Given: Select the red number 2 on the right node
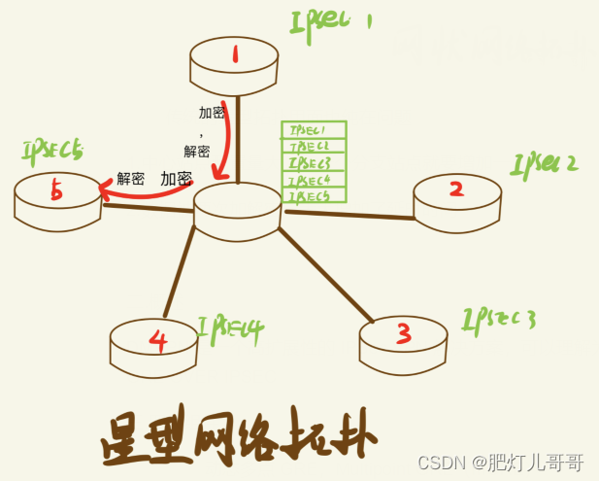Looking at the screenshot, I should pos(456,189).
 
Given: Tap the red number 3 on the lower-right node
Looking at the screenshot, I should pos(404,333).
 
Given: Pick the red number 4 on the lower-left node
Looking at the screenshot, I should pos(159,340).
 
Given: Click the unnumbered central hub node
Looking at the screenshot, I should pos(237,209).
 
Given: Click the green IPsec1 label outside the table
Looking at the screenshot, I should pos(331,21).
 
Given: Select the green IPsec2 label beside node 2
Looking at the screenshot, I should pos(544,162).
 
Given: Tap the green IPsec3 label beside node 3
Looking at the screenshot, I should pos(499,318).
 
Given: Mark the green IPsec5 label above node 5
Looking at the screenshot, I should pos(52,151).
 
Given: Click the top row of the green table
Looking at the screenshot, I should pos(313,130).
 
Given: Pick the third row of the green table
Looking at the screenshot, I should pos(313,163).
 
